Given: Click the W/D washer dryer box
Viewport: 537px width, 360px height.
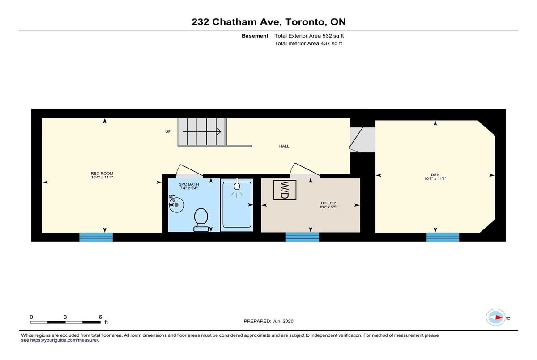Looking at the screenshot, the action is tap(285, 190).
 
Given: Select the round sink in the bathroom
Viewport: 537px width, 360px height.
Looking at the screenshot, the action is tap(176, 204).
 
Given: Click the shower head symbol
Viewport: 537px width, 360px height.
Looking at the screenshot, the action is tap(237, 186).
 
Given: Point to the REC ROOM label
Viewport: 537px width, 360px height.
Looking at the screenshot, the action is tap(102, 174).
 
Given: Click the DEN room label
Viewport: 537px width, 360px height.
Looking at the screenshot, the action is tap(435, 175).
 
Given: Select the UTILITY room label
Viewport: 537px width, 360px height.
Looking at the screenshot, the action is tap(328, 203).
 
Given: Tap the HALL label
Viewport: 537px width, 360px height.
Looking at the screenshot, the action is tap(284, 146).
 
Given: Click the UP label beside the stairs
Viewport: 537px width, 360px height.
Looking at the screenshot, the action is tap(168, 131).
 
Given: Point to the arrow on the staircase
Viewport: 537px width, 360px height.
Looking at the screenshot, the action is tap(202, 131).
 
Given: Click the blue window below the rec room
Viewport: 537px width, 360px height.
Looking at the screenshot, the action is tap(96, 237).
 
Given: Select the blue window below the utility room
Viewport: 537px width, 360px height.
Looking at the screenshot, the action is tap(302, 237).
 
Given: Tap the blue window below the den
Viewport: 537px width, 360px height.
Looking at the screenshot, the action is tap(443, 237).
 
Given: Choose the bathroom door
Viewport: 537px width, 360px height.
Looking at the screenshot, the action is tap(189, 170).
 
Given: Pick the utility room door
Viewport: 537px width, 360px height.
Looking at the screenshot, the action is tap(305, 169).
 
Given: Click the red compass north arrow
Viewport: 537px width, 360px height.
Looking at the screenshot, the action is tap(499, 318).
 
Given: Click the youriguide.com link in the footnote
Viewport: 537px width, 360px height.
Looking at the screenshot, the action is tap(64, 340).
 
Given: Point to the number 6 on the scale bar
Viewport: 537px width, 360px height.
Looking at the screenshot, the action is tap(100, 317).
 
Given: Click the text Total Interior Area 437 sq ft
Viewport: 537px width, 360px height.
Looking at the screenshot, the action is tap(308, 43).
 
